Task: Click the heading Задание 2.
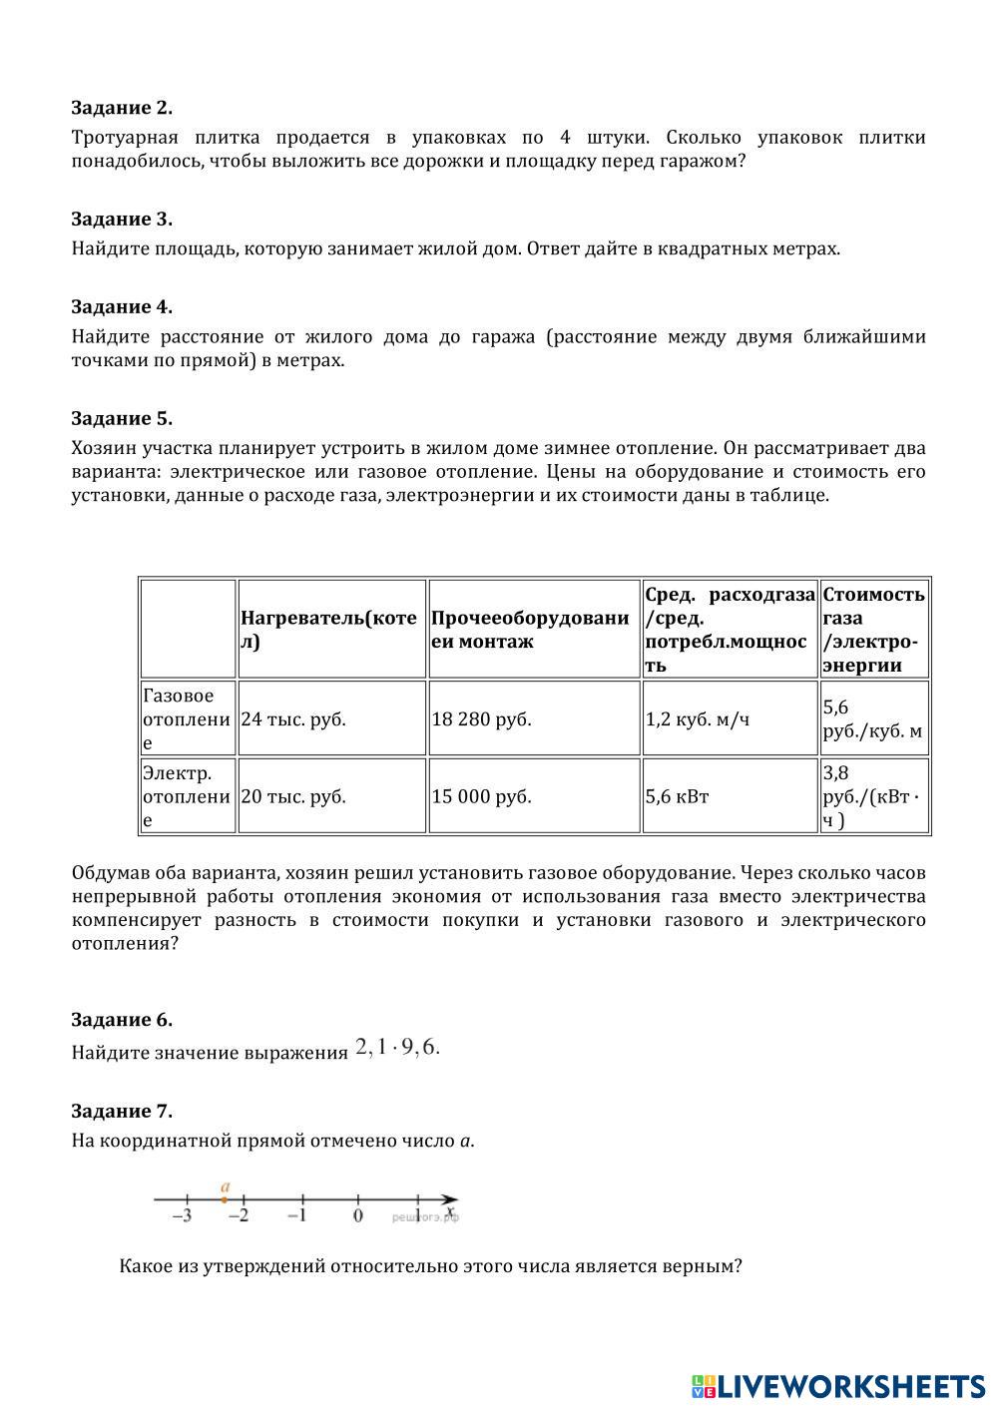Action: point(122,108)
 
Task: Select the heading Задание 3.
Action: point(122,220)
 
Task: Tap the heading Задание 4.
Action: point(122,307)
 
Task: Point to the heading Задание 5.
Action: point(122,419)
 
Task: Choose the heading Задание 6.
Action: point(122,1020)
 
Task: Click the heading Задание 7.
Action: point(122,1112)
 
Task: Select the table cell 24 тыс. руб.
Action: point(293,718)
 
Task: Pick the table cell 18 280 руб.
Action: point(482,718)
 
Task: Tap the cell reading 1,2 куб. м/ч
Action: point(697,718)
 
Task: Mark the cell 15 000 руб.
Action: point(482,796)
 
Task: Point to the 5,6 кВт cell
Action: point(678,796)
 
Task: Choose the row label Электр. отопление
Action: point(187,796)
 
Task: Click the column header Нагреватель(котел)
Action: point(329,630)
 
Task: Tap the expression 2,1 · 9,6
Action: point(397,1048)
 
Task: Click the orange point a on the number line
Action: point(225,1198)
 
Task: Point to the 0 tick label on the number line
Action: point(358,1216)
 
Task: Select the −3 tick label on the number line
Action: point(183,1216)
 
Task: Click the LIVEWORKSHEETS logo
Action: point(838,1386)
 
